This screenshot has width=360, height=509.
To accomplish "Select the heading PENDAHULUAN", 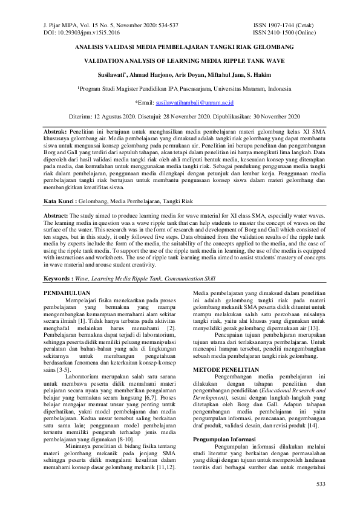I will [68, 292].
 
